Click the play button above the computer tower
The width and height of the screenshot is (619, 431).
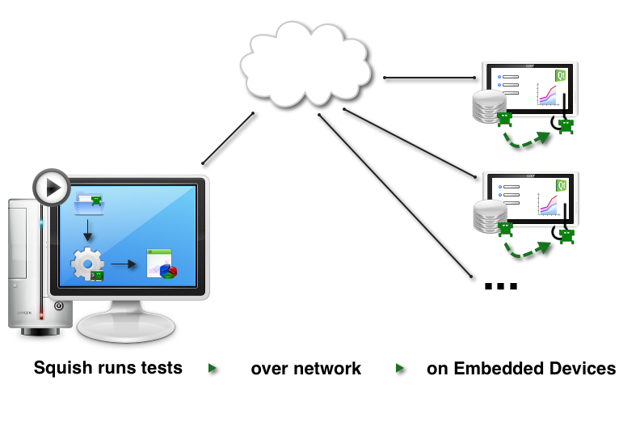click(53, 188)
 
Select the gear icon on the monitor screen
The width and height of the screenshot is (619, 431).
click(86, 264)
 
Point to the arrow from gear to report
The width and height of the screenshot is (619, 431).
click(124, 264)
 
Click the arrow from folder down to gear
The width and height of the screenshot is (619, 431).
click(88, 231)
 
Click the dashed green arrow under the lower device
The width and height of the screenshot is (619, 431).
click(528, 251)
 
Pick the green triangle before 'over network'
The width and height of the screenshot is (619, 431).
click(213, 369)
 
